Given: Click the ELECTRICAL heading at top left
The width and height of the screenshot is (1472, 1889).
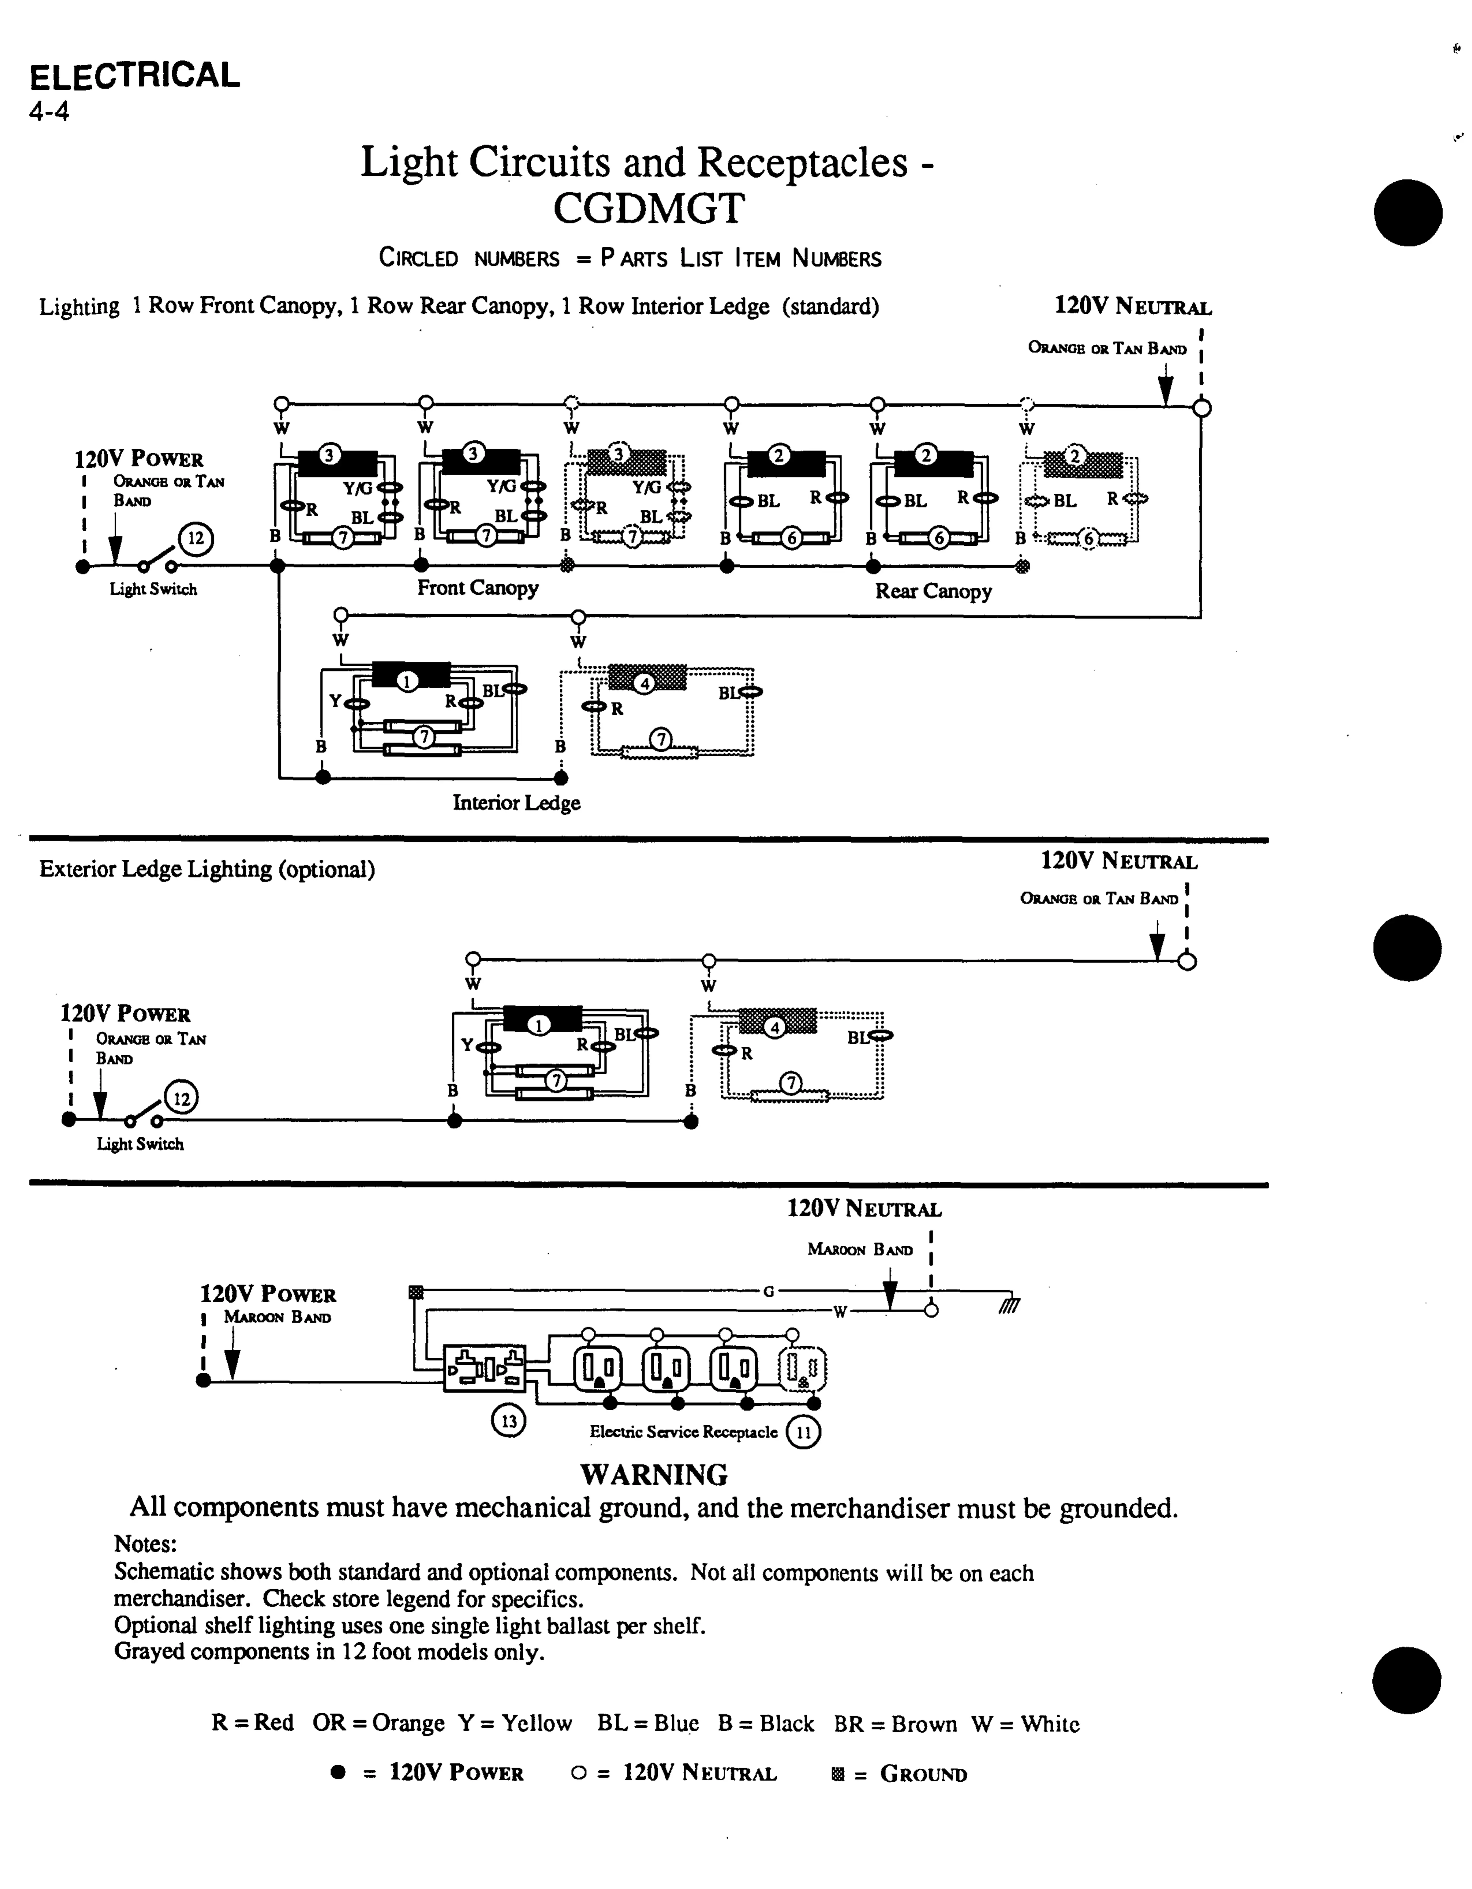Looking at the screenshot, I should [135, 76].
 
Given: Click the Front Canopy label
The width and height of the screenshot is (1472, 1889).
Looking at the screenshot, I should [477, 588].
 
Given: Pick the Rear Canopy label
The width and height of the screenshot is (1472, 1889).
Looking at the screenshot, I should [933, 592].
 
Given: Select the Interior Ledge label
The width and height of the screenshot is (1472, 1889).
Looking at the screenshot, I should [516, 803].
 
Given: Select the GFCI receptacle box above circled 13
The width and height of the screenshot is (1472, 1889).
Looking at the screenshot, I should [484, 1368].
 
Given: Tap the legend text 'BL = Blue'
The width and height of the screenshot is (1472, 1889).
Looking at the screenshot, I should [648, 1724].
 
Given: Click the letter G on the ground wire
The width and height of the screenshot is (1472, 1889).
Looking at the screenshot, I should [767, 1292].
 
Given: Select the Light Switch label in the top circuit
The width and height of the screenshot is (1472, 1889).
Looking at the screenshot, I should [153, 590].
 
